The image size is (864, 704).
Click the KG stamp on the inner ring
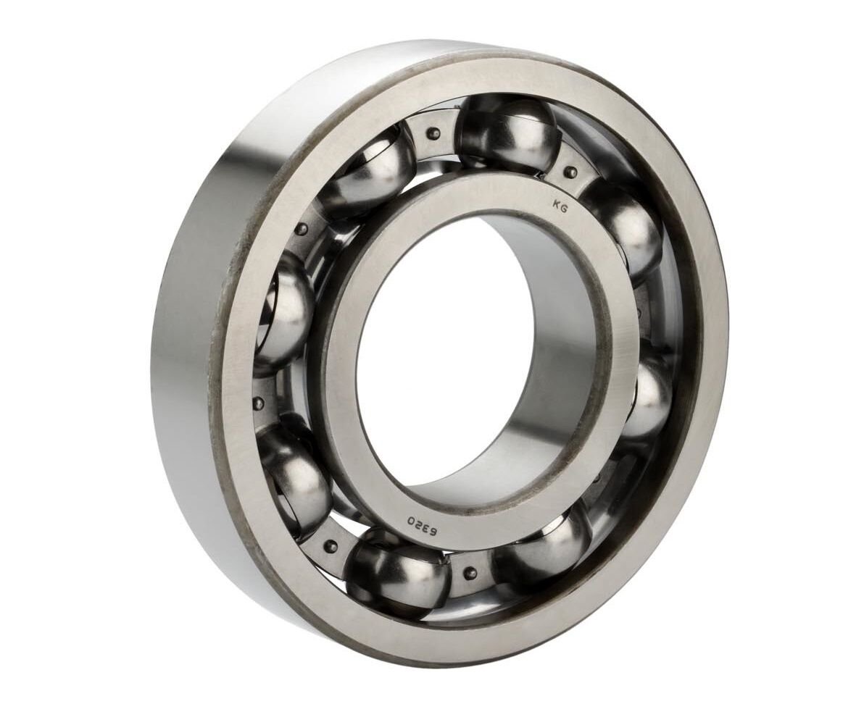tap(560, 206)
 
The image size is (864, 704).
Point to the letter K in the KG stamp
tap(556, 204)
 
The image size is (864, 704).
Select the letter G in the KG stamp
tap(565, 208)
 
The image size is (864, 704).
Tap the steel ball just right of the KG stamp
tap(625, 225)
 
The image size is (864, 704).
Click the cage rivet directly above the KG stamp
tap(570, 172)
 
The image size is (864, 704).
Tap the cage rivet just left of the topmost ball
tap(433, 133)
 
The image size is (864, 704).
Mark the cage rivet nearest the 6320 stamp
tap(470, 572)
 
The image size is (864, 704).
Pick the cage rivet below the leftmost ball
tap(258, 403)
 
